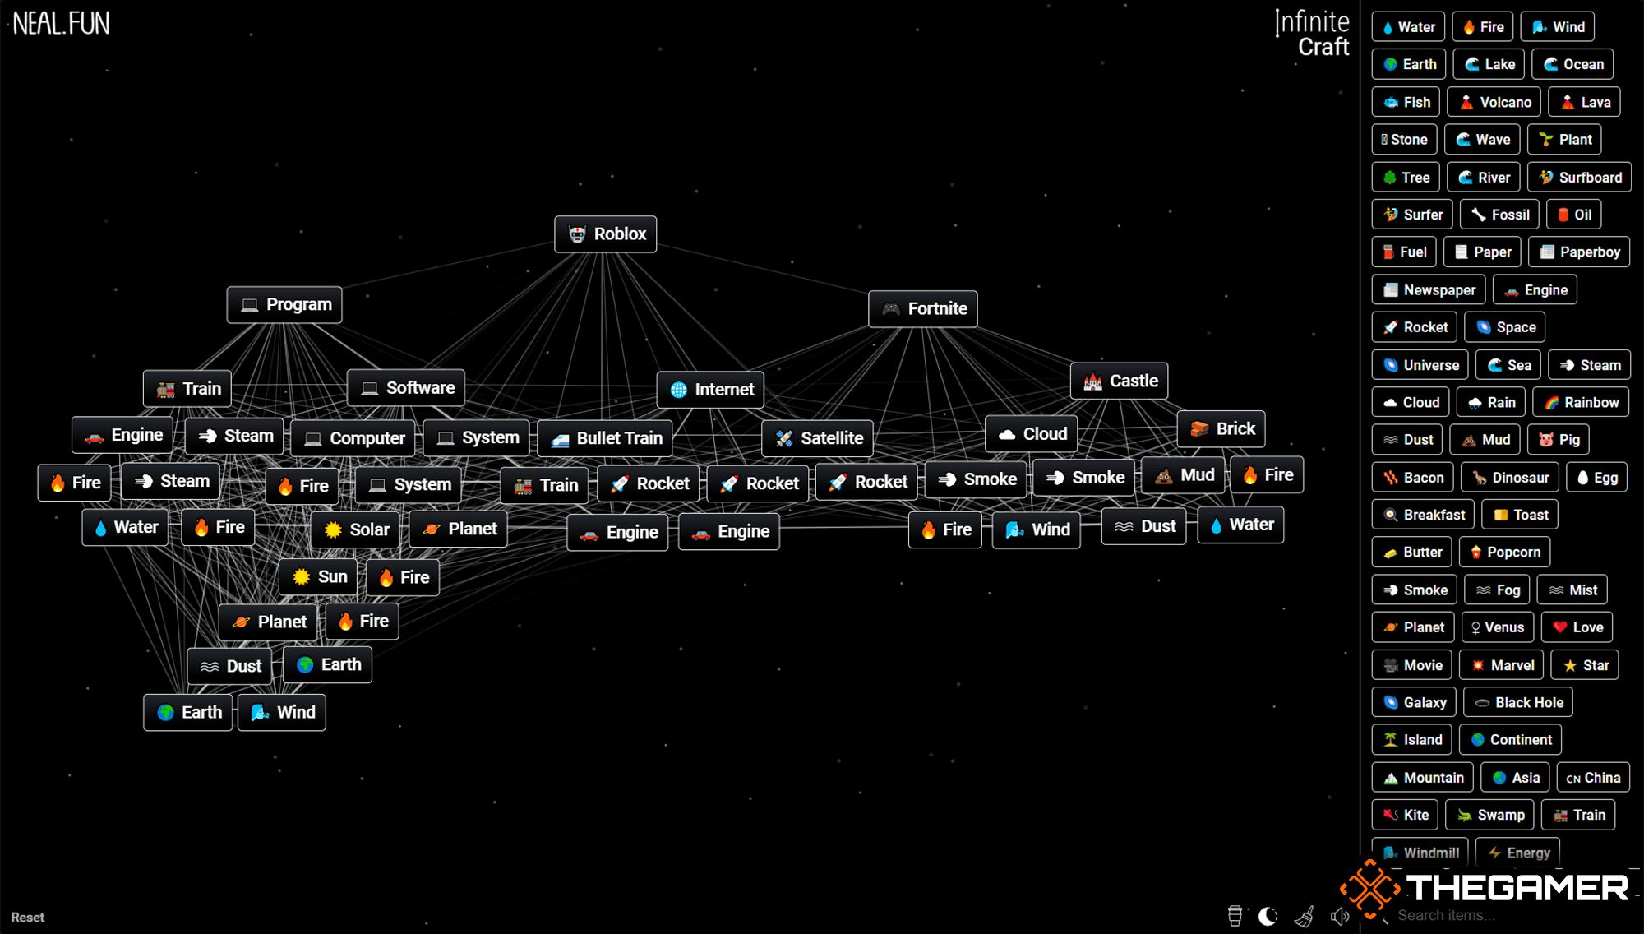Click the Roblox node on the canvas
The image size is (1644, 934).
(605, 234)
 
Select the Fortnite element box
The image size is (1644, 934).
(923, 309)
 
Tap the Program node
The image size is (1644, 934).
(284, 305)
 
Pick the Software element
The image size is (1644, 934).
(406, 388)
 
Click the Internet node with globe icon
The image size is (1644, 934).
(710, 390)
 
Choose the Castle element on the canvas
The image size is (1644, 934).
(1120, 381)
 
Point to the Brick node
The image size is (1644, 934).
(1221, 429)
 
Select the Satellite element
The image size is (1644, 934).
(818, 438)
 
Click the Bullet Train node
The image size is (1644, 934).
(605, 438)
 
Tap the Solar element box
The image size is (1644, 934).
(355, 529)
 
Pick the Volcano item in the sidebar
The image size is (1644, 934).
(1494, 102)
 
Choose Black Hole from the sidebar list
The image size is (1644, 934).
(1518, 702)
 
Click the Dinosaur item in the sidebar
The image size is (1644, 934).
(1510, 478)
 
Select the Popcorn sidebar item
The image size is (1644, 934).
(1505, 553)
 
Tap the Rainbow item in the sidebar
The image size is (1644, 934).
(1582, 402)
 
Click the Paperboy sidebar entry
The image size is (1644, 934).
(1579, 252)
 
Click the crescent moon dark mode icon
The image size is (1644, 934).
(1268, 916)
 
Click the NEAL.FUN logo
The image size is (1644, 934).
(62, 23)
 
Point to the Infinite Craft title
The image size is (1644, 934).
(1312, 34)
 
